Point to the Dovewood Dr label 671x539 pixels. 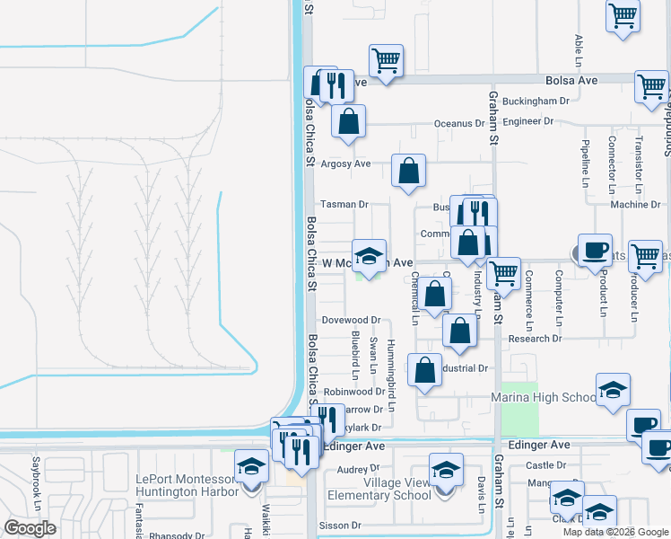point(352,320)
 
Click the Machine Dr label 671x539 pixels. point(635,205)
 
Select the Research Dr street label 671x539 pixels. point(534,339)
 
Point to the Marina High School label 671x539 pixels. point(543,398)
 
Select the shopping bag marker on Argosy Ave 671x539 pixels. point(408,170)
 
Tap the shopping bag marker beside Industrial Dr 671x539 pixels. point(425,369)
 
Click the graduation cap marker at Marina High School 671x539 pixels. point(613,389)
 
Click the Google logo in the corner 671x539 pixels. point(30,528)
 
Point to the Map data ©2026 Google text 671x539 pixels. point(614,532)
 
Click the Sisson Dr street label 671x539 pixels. point(342,526)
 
